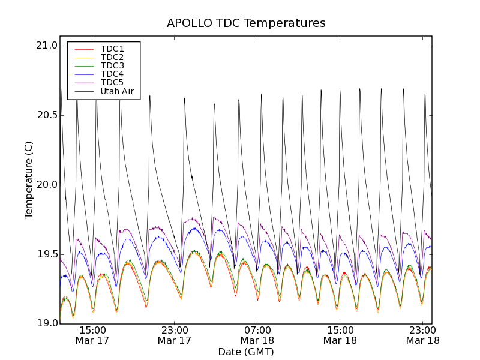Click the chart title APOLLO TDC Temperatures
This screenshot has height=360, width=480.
click(246, 23)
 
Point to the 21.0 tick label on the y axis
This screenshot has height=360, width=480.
click(47, 46)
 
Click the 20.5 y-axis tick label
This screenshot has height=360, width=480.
click(47, 115)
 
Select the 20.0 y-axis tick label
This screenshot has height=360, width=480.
click(47, 185)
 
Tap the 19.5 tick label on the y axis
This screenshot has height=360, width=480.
click(47, 254)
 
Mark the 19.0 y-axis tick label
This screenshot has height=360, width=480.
click(47, 323)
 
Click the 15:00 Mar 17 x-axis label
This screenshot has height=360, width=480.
click(92, 335)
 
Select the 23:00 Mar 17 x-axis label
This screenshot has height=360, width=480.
click(175, 335)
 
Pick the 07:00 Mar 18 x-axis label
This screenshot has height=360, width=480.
click(257, 335)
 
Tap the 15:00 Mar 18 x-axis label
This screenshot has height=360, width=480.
click(340, 335)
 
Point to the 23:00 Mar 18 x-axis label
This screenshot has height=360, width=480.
click(422, 335)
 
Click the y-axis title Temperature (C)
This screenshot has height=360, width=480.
click(29, 180)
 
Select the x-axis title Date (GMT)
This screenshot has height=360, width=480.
click(246, 352)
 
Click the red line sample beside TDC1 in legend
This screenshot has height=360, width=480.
click(83, 49)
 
